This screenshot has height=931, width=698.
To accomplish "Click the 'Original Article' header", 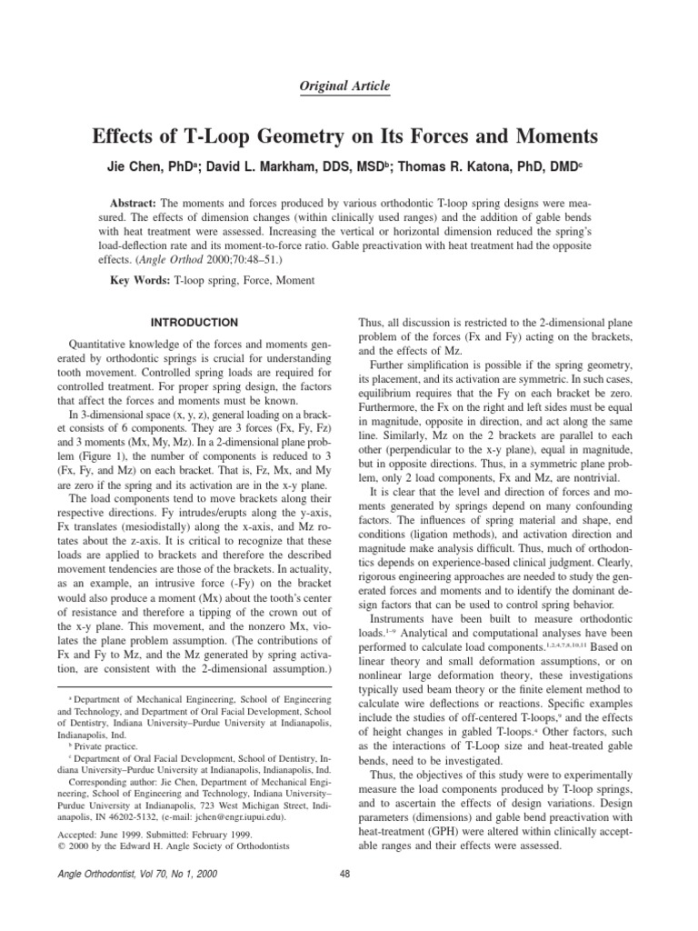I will coord(345,86).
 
